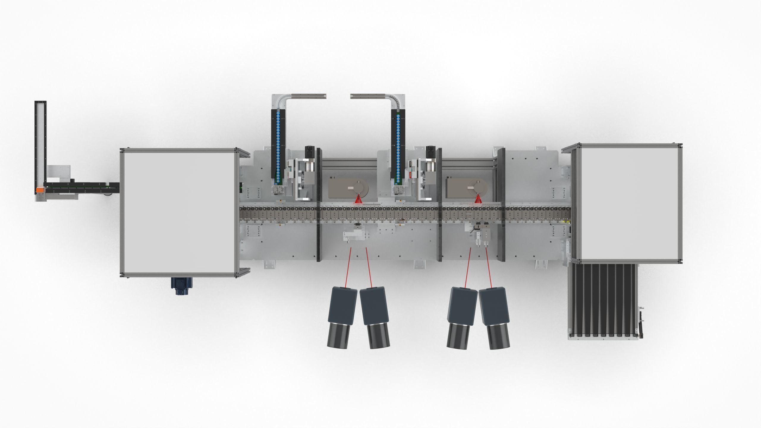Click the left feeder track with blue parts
278,146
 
